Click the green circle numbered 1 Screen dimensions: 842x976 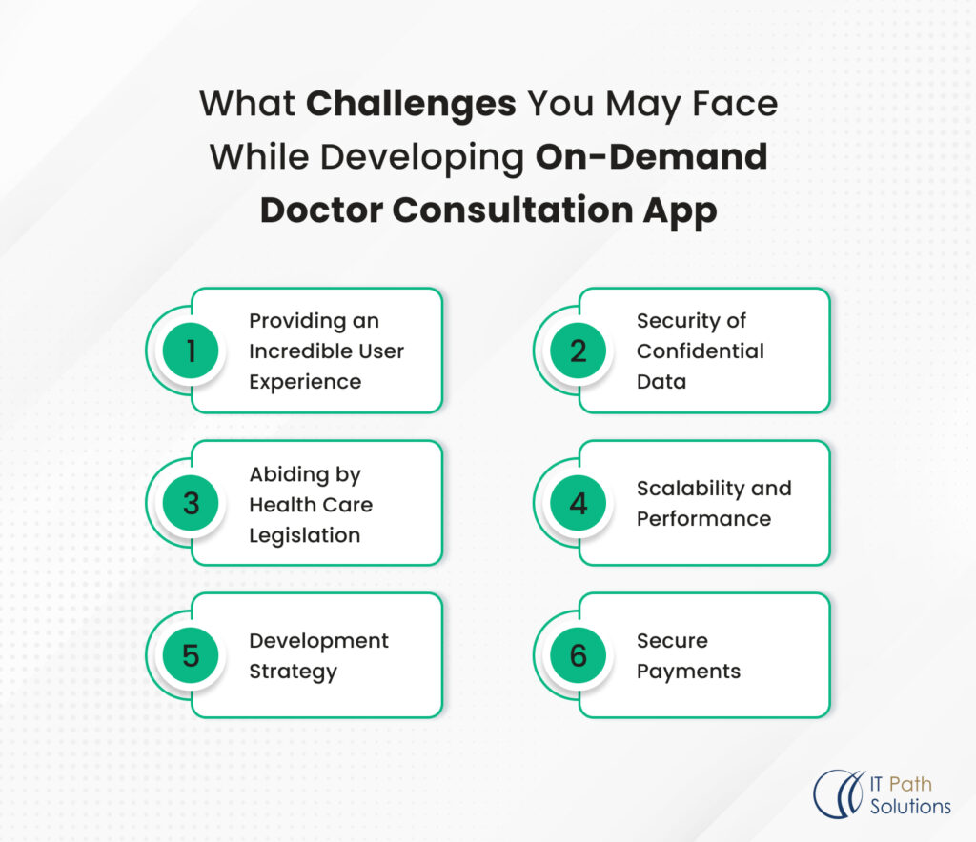click(191, 351)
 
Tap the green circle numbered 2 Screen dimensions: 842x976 click(579, 351)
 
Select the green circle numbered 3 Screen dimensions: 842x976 click(191, 503)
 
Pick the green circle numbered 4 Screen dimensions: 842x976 click(579, 503)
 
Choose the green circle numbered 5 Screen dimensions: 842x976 click(191, 655)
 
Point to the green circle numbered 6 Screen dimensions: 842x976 click(579, 655)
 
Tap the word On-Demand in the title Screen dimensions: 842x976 click(651, 156)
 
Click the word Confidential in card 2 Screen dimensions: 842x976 click(701, 351)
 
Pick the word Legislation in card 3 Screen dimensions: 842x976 click(305, 534)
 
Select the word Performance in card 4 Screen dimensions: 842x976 click(703, 519)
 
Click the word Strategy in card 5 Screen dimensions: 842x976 click(294, 672)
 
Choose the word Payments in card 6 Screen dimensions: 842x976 click(688, 672)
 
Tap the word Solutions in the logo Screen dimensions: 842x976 click(910, 806)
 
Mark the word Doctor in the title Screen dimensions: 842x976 click(319, 210)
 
